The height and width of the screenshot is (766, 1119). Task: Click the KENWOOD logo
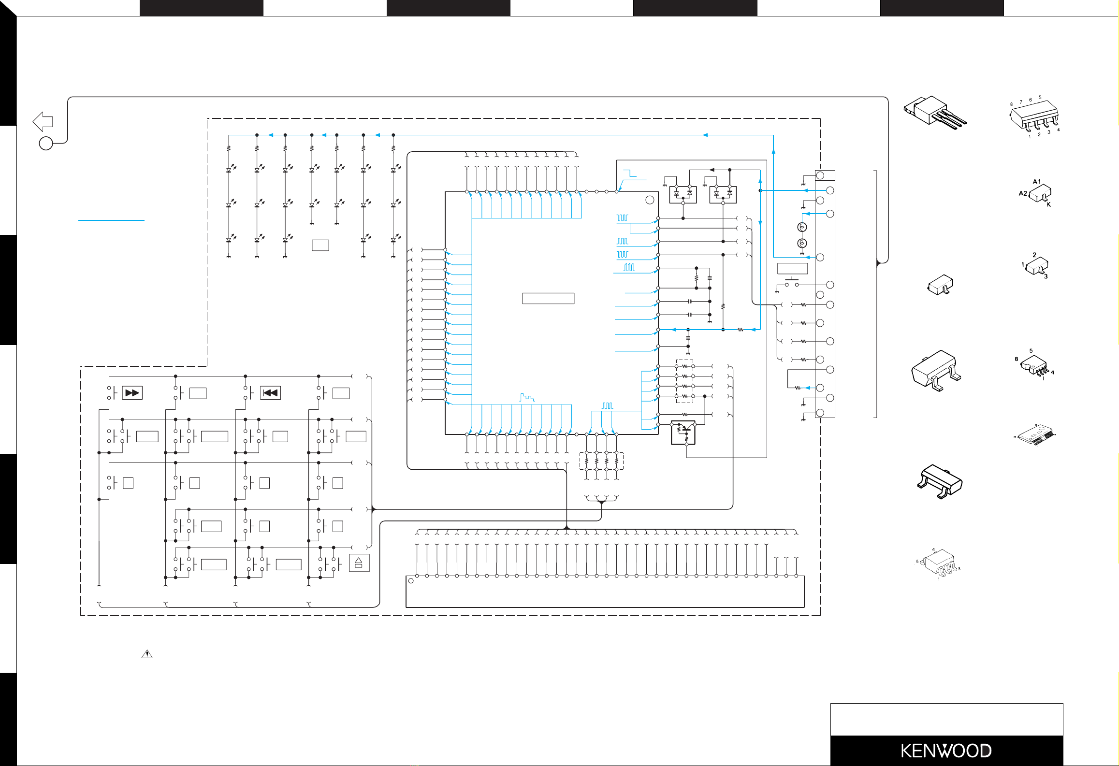pyautogui.click(x=946, y=751)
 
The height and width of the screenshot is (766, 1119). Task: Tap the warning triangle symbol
pyautogui.click(x=146, y=654)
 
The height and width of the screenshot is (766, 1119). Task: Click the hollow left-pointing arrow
pyautogui.click(x=43, y=121)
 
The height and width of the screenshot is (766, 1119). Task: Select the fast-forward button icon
pyautogui.click(x=132, y=393)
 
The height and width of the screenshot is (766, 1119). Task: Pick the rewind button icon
pyautogui.click(x=270, y=393)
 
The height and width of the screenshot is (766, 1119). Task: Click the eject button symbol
pyautogui.click(x=359, y=563)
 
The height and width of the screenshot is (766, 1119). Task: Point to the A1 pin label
pyautogui.click(x=1036, y=182)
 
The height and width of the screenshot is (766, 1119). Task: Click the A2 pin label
pyautogui.click(x=1023, y=193)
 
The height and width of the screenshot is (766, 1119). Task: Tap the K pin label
pyautogui.click(x=1049, y=205)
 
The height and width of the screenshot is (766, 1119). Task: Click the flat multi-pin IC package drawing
pyautogui.click(x=1034, y=434)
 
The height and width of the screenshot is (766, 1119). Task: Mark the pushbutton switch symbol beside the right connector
pyautogui.click(x=792, y=282)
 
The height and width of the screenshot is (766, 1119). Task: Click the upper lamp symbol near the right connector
pyautogui.click(x=802, y=227)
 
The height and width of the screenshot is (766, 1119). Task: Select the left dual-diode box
pyautogui.click(x=683, y=195)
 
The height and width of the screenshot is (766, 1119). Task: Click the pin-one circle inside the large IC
pyautogui.click(x=650, y=200)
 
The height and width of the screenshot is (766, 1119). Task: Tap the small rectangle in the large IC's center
pyautogui.click(x=548, y=298)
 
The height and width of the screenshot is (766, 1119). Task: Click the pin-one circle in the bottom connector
pyautogui.click(x=411, y=581)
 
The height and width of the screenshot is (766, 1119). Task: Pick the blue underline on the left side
pyautogui.click(x=111, y=220)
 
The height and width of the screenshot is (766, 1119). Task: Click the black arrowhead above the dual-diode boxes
pyautogui.click(x=712, y=170)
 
